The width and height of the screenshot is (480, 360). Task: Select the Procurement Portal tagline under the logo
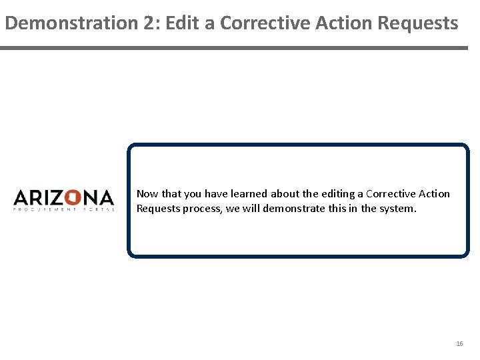(64, 209)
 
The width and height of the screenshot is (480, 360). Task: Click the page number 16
(459, 344)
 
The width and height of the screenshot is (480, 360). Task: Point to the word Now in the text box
(147, 194)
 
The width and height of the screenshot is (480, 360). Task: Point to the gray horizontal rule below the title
(234, 48)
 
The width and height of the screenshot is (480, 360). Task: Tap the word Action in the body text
(435, 194)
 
